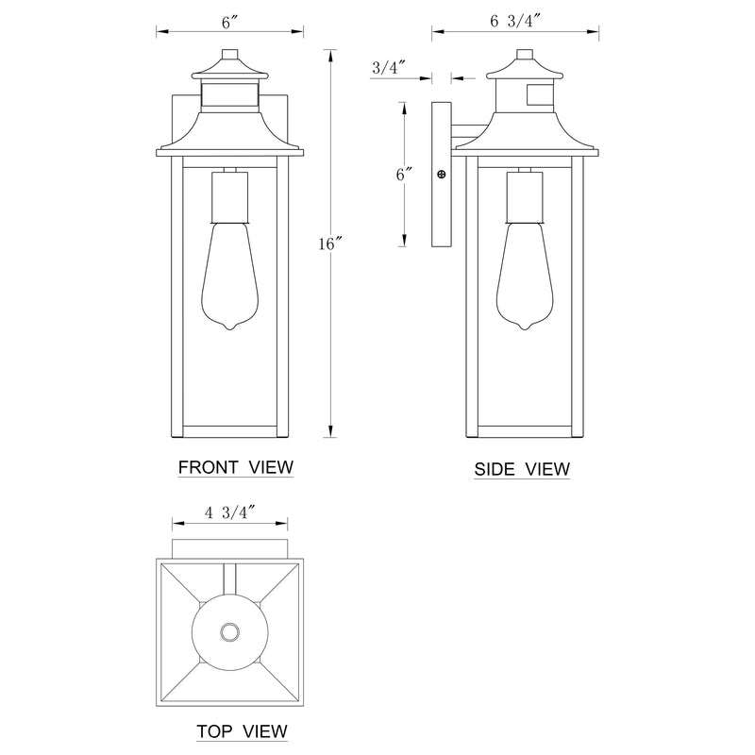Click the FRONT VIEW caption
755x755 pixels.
point(235,467)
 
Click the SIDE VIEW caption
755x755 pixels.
point(522,469)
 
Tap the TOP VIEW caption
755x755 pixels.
point(243,730)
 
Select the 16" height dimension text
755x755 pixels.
point(327,243)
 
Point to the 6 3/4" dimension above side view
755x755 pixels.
point(515,21)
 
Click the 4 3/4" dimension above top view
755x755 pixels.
point(229,512)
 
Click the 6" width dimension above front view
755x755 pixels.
point(230,22)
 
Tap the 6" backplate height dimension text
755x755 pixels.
point(405,174)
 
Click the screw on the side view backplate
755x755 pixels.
point(441,174)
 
